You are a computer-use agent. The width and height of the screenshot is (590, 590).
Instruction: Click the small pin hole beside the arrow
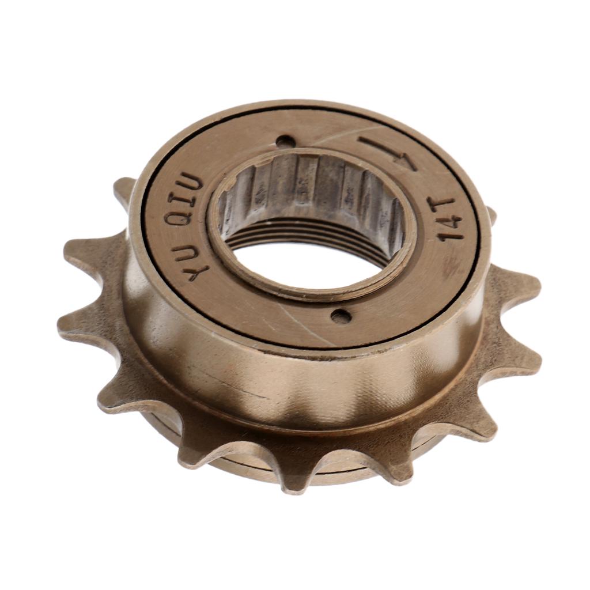(x=283, y=141)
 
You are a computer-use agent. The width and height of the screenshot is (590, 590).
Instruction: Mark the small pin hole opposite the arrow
(x=340, y=316)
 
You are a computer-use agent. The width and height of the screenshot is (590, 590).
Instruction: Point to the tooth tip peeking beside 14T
(x=491, y=215)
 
